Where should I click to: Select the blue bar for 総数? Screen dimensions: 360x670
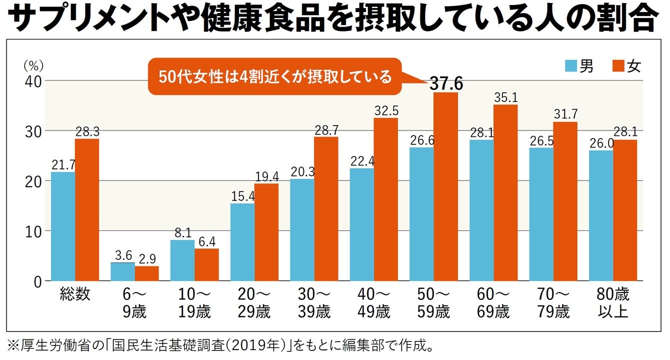63,226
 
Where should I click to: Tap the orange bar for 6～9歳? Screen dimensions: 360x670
146,273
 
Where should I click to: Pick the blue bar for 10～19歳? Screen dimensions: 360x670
182,260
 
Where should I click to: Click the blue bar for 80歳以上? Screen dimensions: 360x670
601,215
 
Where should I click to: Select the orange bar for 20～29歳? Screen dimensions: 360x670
266,232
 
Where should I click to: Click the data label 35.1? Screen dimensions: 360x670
505,97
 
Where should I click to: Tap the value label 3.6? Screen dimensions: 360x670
122,255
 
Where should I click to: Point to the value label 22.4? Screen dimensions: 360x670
361,161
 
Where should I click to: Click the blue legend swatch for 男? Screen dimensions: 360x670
571,66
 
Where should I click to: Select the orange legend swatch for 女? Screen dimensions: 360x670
618,66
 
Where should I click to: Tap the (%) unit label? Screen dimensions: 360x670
33,65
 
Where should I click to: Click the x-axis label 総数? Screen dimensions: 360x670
75,294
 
